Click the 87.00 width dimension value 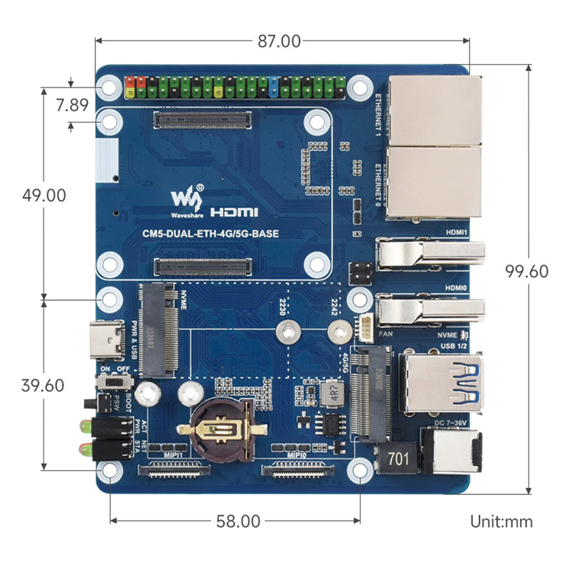click(279, 41)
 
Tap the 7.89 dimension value click(71, 106)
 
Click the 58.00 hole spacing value click(238, 521)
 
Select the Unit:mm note click(501, 521)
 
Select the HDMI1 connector click(430, 254)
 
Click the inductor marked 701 click(398, 459)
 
